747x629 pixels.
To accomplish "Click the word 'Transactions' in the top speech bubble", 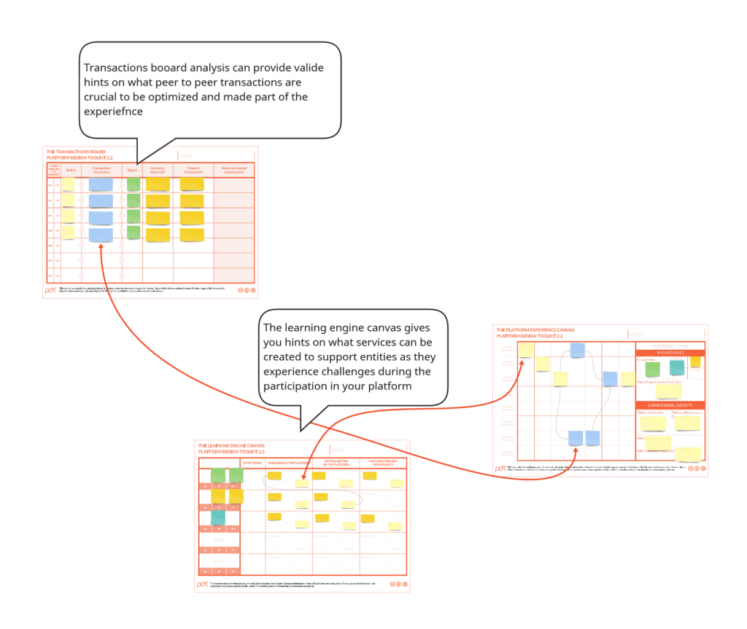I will [123, 68].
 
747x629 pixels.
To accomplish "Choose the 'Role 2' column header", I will [132, 170].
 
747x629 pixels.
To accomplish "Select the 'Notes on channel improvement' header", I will [233, 170].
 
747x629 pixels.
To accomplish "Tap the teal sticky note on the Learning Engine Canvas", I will [218, 517].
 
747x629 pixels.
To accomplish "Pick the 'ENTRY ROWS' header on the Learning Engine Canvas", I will [253, 463].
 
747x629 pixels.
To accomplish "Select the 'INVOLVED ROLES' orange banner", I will [670, 352].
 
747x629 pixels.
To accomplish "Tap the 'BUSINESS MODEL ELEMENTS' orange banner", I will [670, 405].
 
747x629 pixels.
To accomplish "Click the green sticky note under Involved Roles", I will [652, 369].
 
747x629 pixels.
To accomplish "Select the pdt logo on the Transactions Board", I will [51, 289].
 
